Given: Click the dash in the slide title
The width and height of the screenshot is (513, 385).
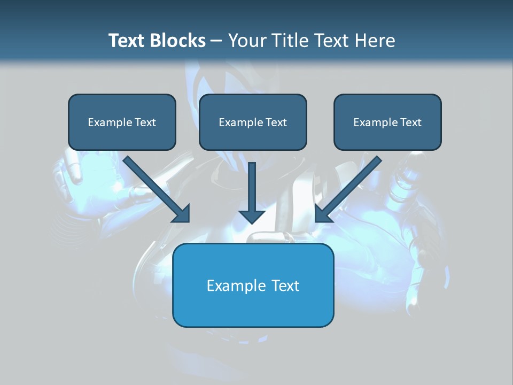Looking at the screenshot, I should point(216,41).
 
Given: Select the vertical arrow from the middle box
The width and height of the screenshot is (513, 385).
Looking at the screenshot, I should point(252,187).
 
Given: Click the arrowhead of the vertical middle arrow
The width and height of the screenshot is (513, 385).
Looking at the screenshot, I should point(252,216).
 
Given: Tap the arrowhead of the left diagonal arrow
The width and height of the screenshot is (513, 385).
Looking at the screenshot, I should point(182,215).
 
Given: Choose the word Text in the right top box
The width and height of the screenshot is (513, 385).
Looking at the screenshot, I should point(410,122).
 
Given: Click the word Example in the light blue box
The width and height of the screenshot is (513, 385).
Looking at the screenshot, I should point(236,286).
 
